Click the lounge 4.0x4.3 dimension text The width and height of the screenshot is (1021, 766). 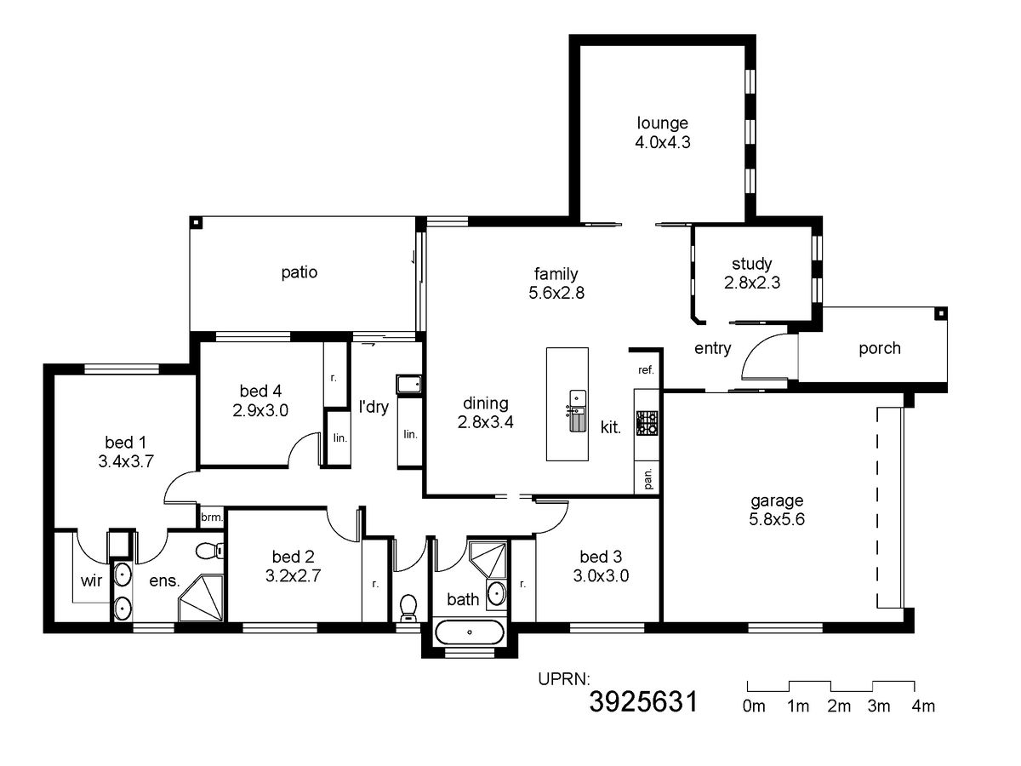(662, 142)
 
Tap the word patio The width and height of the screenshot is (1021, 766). (299, 272)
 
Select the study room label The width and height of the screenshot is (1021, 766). (751, 264)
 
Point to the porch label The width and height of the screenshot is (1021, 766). (880, 348)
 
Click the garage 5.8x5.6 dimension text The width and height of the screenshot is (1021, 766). (777, 519)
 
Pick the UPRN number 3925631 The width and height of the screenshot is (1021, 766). (643, 702)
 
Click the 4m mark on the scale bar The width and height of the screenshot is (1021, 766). (923, 706)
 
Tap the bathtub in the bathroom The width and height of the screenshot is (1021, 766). (470, 632)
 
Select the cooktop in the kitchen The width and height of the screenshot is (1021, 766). (647, 423)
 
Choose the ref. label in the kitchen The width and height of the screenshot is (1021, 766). (646, 370)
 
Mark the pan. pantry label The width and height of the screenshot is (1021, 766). (648, 478)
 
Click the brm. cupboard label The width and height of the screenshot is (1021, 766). (212, 517)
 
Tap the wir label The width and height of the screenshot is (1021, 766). (91, 580)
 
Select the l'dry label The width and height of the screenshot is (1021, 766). (374, 407)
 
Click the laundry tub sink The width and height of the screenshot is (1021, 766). (409, 385)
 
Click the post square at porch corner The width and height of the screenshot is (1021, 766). (940, 314)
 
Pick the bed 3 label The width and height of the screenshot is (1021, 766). (601, 557)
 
